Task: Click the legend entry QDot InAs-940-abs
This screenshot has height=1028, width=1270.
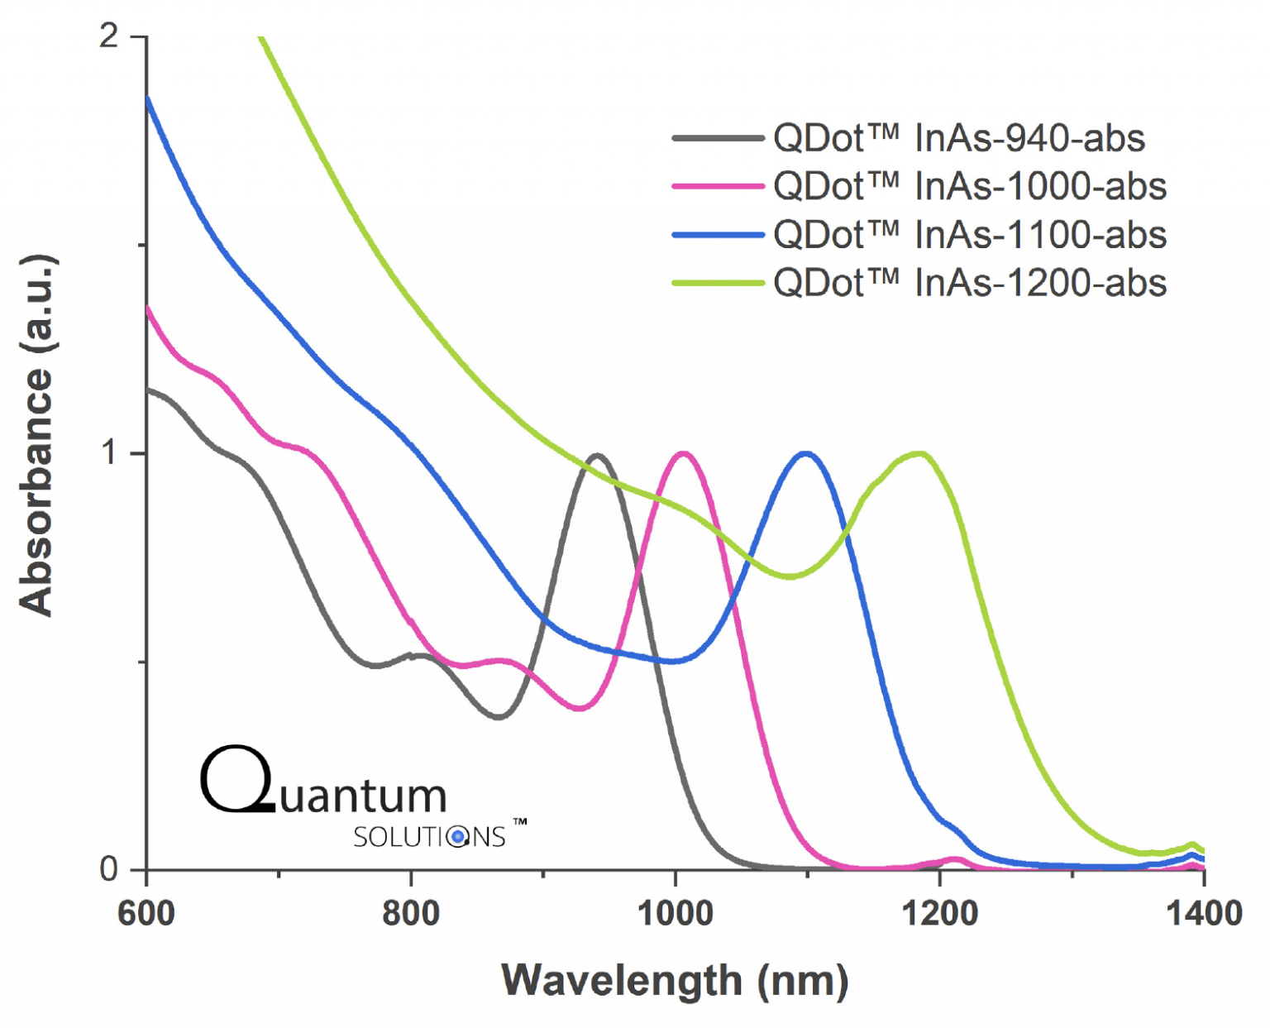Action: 959,138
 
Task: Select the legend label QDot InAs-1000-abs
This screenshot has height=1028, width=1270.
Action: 970,187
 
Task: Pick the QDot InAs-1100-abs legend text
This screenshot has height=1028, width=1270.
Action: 970,235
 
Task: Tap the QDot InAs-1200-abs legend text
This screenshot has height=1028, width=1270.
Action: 970,284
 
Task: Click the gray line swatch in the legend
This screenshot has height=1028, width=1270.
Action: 718,138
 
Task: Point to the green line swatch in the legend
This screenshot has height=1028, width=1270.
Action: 718,284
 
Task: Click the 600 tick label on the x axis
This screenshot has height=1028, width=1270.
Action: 146,914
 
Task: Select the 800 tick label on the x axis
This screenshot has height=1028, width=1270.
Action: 411,914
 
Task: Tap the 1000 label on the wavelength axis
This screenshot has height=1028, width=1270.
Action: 676,914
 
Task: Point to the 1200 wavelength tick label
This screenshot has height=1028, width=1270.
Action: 940,914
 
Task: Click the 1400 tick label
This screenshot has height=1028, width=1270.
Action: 1205,914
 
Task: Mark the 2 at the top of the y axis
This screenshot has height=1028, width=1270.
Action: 109,36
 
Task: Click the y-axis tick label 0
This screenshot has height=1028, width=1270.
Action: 109,869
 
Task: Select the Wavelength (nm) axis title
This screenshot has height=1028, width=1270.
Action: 675,981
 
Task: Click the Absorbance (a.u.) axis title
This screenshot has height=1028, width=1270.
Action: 37,435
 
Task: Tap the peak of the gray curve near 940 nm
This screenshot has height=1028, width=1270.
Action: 597,456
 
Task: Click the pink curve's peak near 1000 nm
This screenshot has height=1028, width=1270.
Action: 684,453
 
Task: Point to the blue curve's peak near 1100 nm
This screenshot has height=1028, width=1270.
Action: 806,453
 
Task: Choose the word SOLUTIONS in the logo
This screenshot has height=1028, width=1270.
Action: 429,837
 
